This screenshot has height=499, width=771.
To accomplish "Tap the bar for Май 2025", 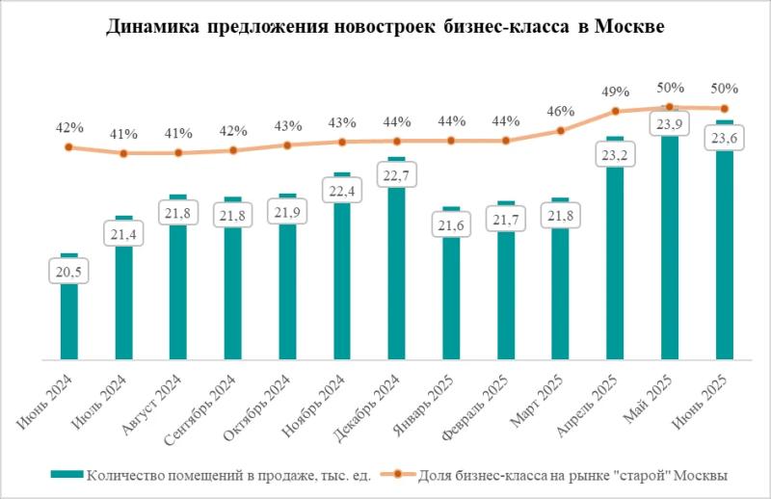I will pos(670,250).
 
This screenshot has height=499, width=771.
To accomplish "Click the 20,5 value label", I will pos(68,274).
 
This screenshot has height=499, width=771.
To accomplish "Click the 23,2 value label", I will pos(616,154).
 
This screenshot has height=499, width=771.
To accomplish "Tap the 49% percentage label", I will pos(616,92).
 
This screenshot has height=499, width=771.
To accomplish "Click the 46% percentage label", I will pos(561,111).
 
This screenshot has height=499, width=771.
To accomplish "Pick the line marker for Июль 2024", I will pos(123,152).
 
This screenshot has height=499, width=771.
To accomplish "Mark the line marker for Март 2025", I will pos(561,131).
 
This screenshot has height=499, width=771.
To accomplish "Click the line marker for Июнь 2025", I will pos(725,108).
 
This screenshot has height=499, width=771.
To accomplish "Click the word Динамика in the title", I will pos(148,28).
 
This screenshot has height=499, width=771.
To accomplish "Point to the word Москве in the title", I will pos(631,28).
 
